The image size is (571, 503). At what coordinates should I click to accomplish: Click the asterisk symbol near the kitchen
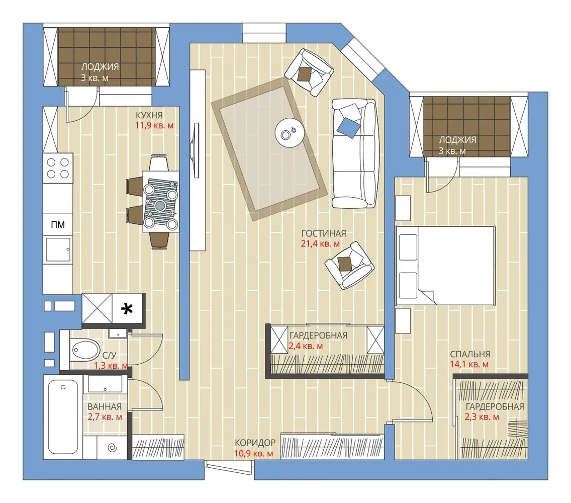[127, 309]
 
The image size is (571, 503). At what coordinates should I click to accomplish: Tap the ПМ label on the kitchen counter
[58, 224]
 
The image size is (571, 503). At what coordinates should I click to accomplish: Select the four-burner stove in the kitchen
[58, 168]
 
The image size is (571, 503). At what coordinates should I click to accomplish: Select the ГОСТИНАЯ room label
[324, 233]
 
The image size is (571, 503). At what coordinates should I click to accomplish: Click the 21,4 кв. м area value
[321, 244]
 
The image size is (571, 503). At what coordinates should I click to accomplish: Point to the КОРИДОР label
[255, 443]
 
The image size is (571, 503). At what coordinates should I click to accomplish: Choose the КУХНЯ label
[149, 115]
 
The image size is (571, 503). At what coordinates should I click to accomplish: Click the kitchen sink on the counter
[58, 249]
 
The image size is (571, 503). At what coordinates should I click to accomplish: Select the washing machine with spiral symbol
[112, 447]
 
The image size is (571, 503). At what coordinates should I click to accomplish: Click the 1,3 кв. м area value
[111, 366]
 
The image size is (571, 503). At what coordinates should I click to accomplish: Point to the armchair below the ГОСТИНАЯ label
[349, 265]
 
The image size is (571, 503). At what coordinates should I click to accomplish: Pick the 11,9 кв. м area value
[154, 126]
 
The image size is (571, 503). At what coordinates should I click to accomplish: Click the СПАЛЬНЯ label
[470, 354]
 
